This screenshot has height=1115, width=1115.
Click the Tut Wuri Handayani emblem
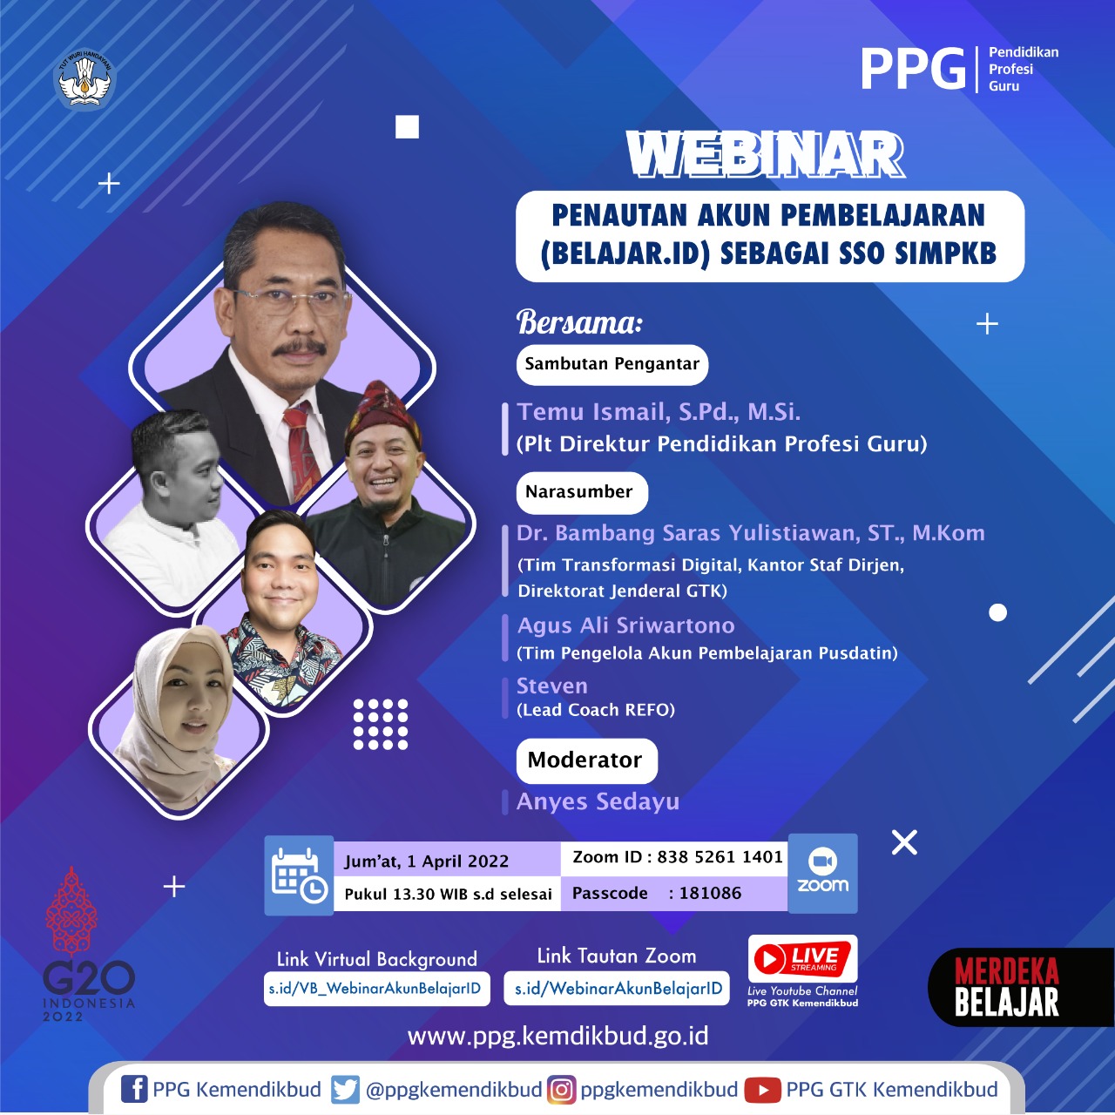[84, 79]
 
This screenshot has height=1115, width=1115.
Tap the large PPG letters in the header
[913, 70]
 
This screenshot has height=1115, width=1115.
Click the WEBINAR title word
[764, 155]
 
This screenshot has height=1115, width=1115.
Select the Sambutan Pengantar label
[612, 364]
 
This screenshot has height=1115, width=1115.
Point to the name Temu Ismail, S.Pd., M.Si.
[659, 411]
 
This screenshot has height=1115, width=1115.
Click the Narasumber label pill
[582, 492]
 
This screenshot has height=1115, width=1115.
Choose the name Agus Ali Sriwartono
[625, 625]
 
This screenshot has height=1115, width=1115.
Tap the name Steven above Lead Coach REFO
[552, 686]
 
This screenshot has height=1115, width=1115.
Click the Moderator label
[586, 760]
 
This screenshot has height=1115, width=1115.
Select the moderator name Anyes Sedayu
[598, 801]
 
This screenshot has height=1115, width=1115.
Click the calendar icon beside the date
[299, 875]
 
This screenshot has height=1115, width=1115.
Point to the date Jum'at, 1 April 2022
[427, 862]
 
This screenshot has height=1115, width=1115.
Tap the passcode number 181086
[710, 893]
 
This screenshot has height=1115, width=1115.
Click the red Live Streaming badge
[802, 959]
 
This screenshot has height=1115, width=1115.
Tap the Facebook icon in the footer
[134, 1090]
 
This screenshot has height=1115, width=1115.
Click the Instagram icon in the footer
[561, 1090]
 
